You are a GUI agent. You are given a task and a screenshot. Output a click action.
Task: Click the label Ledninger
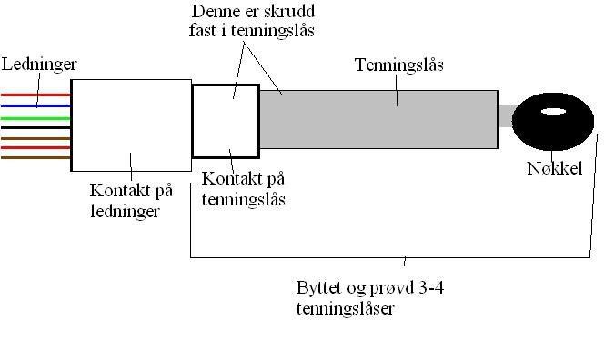pos(39,65)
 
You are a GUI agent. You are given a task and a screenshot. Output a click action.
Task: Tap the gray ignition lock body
pos(378,118)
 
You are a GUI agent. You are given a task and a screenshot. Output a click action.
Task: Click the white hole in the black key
pos(553,114)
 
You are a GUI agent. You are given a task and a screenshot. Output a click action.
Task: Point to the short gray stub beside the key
pos(506,116)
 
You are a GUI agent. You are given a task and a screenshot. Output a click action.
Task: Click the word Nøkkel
pos(554,168)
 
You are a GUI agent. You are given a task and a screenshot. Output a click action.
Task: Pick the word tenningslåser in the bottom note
pos(346,308)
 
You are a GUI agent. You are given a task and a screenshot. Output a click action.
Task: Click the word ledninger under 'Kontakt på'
pos(124,212)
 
